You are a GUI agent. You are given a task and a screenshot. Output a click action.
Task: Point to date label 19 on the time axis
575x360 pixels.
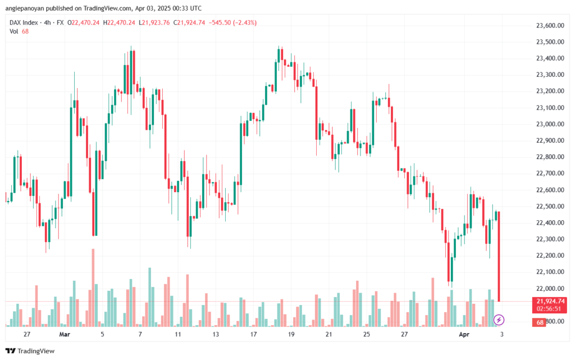pos(291,334)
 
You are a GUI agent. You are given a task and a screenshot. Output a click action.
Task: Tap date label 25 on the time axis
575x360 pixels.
pos(367,334)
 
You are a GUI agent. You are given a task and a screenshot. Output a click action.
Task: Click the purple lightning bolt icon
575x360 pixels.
pos(499,320)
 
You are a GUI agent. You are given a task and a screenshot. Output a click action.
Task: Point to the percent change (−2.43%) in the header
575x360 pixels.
pos(242,22)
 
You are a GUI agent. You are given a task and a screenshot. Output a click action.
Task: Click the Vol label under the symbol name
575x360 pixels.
pos(14,31)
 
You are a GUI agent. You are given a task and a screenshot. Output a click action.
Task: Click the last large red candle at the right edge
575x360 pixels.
pos(499,256)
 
